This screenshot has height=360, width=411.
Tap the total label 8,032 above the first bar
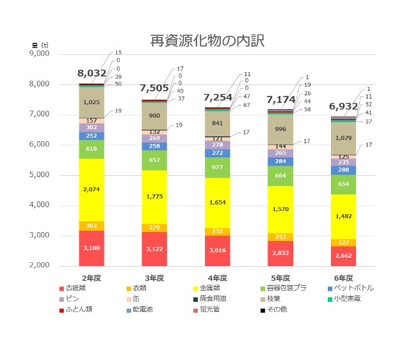[x=92, y=74]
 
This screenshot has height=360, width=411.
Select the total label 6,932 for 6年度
[x=344, y=104]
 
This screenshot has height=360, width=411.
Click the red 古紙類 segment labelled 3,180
[x=92, y=248]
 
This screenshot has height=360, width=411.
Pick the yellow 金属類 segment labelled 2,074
[x=92, y=189]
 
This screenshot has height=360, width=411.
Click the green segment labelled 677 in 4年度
[x=218, y=168]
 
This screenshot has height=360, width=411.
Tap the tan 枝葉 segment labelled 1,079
[x=344, y=137]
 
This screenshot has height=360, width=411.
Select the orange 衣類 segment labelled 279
[x=154, y=228]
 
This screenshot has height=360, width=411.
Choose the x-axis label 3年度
[x=154, y=278]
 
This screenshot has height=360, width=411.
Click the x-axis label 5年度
[x=280, y=278]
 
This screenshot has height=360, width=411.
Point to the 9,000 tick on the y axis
[x=39, y=54]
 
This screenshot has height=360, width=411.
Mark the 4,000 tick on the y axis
[x=39, y=205]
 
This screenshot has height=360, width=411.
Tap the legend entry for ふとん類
[x=80, y=309]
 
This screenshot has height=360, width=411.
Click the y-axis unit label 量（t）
[x=39, y=45]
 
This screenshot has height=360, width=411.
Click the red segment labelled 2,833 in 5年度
[x=280, y=253]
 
